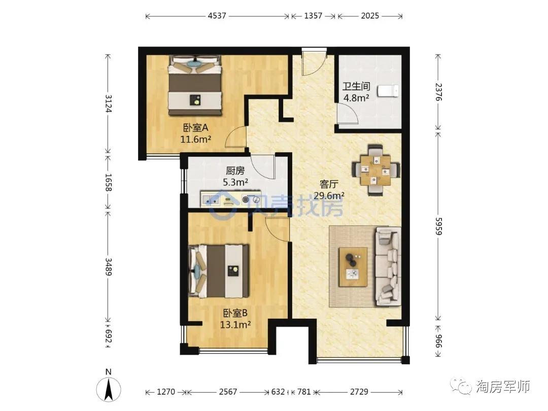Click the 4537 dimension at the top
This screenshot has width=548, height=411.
[217, 16]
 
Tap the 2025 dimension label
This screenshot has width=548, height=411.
[370, 16]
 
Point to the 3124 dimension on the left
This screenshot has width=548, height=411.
[109, 104]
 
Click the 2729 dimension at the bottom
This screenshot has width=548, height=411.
[359, 392]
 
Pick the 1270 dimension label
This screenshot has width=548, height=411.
[165, 392]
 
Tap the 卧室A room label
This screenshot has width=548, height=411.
[196, 127]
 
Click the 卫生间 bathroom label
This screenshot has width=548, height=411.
[356, 86]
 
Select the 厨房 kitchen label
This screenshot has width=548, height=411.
[235, 171]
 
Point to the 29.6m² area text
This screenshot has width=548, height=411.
[328, 195]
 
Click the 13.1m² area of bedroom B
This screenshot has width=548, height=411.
[235, 325]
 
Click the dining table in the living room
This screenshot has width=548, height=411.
[375, 170]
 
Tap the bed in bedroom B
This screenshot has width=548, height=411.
[219, 271]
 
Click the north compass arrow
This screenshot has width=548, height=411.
[109, 389]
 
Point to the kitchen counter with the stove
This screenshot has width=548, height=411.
[231, 199]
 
